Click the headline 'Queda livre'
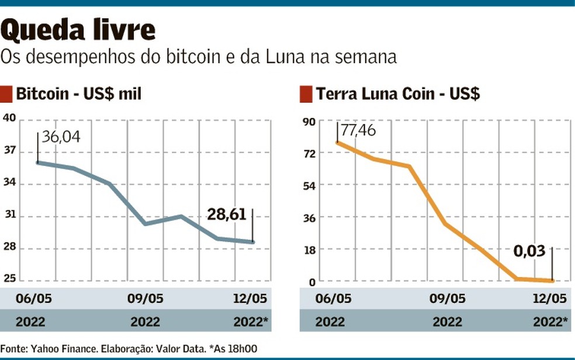click(x=79, y=29)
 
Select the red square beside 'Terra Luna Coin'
click(x=305, y=94)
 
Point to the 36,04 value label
click(x=60, y=137)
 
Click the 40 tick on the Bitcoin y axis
click(x=9, y=117)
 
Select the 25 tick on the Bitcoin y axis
click(x=9, y=279)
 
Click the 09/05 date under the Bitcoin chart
click(x=145, y=299)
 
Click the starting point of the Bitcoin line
click(x=37, y=162)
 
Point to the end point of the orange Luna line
click(x=552, y=281)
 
